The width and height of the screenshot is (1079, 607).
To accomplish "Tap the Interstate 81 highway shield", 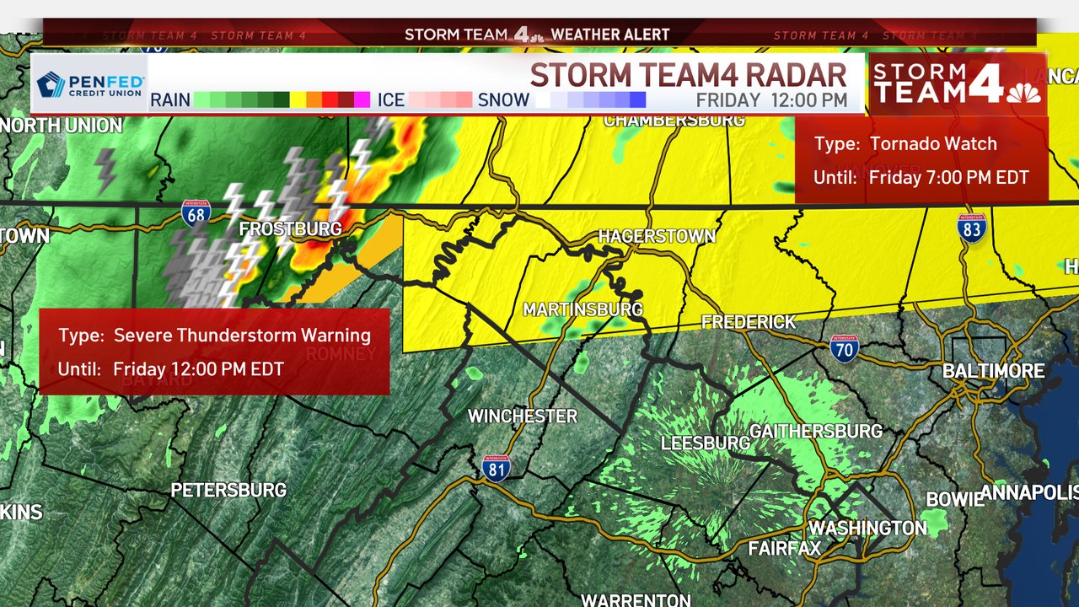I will (x=496, y=468).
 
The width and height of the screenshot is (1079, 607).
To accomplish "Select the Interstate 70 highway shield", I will (x=843, y=347).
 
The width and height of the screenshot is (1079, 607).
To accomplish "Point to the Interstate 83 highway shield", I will (x=972, y=228).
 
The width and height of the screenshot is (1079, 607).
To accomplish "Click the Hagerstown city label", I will (x=657, y=237).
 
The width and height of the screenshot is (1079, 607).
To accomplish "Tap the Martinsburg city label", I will (x=582, y=310).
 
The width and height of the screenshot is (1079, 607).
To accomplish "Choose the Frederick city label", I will (x=749, y=322).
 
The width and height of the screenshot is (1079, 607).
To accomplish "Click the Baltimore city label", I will (x=993, y=371).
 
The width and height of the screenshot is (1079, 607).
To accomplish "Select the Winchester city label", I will (x=523, y=416).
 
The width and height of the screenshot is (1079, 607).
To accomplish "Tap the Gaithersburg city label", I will (x=815, y=432).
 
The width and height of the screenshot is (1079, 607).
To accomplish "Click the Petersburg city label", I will (x=228, y=490).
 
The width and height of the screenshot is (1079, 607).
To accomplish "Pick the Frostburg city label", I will (x=290, y=229).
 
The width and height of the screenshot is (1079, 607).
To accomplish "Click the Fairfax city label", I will (x=784, y=549).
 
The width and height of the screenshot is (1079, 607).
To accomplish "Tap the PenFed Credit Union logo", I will (x=90, y=86).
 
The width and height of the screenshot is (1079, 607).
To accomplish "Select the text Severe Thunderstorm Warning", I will (x=242, y=336).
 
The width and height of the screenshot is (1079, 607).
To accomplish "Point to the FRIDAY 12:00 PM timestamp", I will (x=770, y=100).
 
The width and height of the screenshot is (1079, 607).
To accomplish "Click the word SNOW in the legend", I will (x=503, y=100).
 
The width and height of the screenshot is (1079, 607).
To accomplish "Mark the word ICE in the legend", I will (x=391, y=100).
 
